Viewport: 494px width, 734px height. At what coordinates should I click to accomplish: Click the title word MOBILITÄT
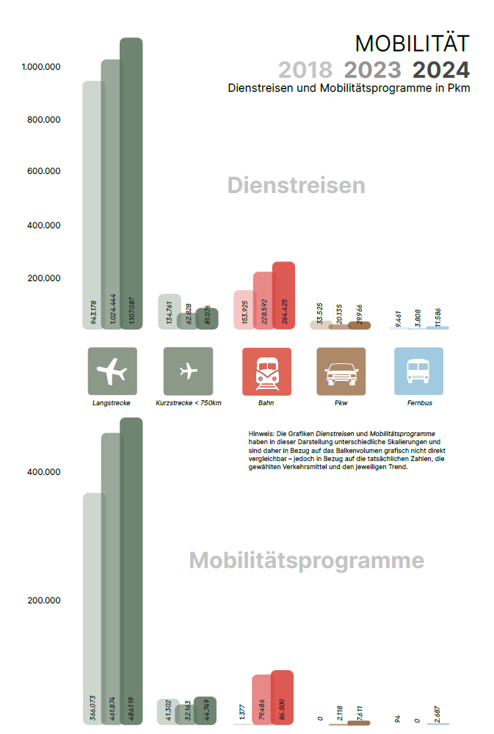[412, 43]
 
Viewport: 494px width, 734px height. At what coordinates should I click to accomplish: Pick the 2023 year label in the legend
[373, 70]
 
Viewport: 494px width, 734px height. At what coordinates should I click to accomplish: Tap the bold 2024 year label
[440, 70]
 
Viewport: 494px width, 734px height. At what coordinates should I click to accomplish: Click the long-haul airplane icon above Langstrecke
[112, 371]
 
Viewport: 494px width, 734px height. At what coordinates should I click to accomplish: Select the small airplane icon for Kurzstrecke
[188, 371]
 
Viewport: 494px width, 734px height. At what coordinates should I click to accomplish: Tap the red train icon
[266, 371]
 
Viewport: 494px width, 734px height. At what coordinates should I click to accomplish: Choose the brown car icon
[341, 371]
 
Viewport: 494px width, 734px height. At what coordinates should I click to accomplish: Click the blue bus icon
[418, 371]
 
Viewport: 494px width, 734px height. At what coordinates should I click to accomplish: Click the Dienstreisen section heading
[296, 186]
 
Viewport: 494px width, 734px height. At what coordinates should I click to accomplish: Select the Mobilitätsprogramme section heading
[306, 561]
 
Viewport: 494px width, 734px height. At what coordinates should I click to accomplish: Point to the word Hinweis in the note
[261, 434]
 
